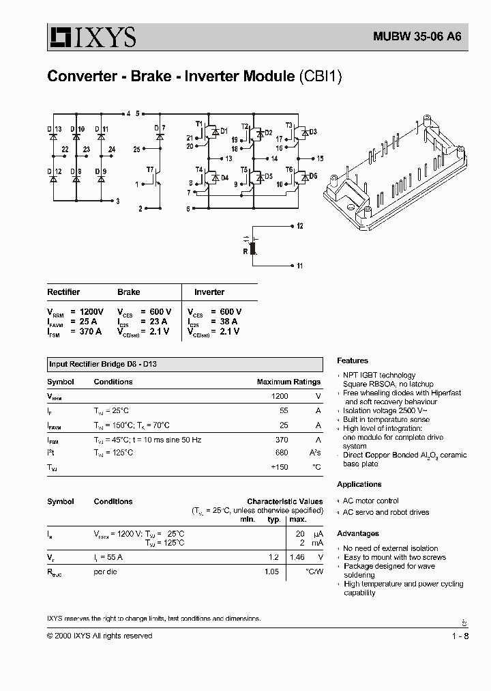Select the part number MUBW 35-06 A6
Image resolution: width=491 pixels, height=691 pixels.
[x=417, y=37]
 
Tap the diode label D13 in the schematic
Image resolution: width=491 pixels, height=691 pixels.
[x=54, y=129]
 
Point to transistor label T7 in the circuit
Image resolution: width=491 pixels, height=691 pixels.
[x=150, y=169]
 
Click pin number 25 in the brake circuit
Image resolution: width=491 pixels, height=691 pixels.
[x=136, y=149]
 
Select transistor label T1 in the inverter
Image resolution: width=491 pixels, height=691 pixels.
[x=199, y=124]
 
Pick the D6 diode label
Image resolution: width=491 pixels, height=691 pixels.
[x=313, y=176]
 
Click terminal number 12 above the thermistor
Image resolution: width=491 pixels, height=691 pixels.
[x=300, y=225]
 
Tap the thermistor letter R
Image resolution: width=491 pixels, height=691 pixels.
[x=245, y=251]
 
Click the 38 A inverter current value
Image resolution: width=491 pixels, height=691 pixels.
[x=228, y=321]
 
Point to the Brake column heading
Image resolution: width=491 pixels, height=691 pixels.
[x=128, y=292]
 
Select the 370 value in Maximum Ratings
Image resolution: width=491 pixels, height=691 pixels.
[x=280, y=440]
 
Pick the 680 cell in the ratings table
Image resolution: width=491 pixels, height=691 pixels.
[x=280, y=453]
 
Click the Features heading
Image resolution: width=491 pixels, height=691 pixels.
[x=352, y=361]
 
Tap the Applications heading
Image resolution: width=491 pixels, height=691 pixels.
[x=359, y=484]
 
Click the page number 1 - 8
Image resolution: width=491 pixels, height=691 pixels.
[x=460, y=636]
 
